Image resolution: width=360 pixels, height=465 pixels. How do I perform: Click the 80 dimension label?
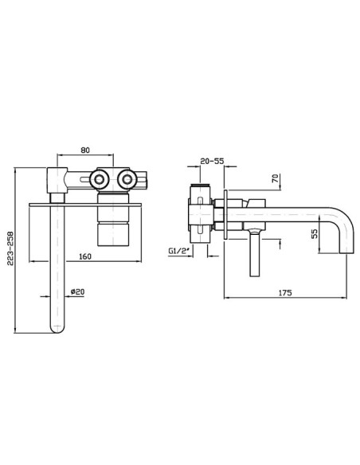(x=85, y=150)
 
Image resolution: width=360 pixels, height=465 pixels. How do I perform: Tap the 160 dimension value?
(x=85, y=256)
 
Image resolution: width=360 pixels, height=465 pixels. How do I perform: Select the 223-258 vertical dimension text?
(x=11, y=248)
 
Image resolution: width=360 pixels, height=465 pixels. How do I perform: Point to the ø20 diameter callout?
(x=77, y=291)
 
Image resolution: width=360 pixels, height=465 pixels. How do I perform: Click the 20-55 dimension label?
(x=212, y=162)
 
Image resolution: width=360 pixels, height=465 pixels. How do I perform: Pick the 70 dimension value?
(x=275, y=178)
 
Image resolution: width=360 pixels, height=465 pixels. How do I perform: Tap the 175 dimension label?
(x=285, y=293)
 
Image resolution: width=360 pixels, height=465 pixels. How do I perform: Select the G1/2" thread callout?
(x=178, y=251)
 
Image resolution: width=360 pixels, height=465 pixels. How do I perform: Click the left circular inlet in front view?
(x=99, y=179)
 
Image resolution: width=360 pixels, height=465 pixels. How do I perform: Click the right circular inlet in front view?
(x=127, y=179)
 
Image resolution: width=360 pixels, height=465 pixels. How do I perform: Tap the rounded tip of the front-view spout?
(x=57, y=329)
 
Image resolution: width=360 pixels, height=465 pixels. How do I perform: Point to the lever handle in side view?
(x=255, y=252)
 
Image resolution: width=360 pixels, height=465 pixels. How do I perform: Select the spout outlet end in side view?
(x=346, y=252)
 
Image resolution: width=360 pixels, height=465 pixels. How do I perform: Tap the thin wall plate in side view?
(x=225, y=214)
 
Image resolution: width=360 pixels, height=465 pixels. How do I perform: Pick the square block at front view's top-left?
(x=57, y=180)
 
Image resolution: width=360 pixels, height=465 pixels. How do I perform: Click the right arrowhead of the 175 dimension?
(x=344, y=298)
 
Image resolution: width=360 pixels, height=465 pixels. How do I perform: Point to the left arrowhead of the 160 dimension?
(x=33, y=261)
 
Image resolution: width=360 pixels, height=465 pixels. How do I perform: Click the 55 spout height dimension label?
(x=314, y=233)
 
